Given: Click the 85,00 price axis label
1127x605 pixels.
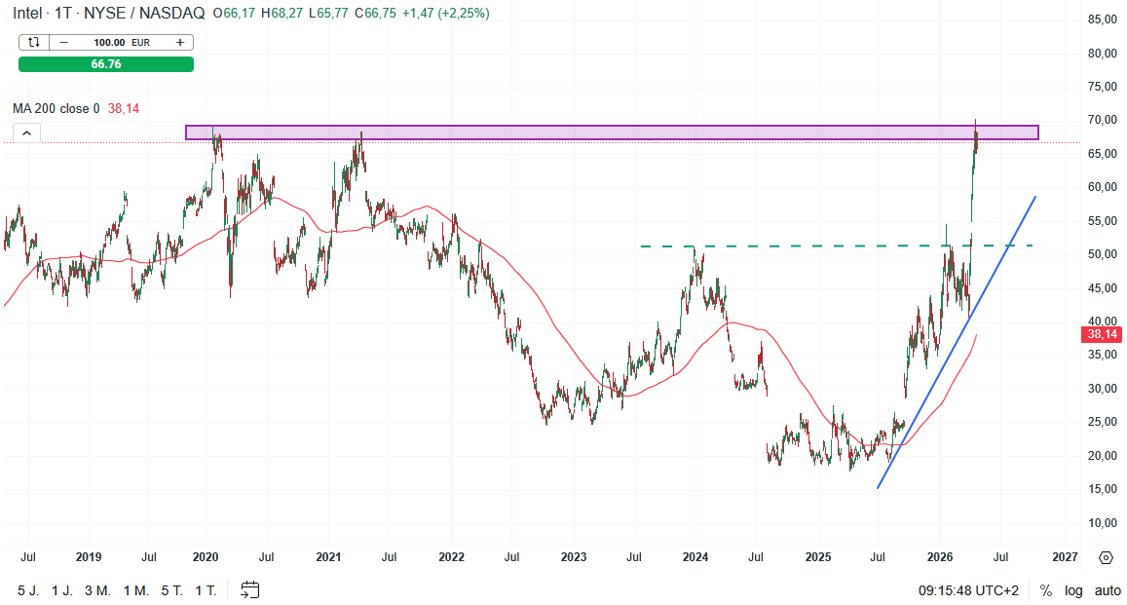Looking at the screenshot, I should [1102, 19].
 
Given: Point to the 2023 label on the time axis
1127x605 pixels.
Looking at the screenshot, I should [574, 557].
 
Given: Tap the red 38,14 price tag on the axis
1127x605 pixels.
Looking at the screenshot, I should [1102, 334].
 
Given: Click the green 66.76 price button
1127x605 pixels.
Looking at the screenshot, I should [106, 64].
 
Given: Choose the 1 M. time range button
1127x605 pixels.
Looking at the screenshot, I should [136, 590].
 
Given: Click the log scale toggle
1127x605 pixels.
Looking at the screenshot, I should [1073, 590].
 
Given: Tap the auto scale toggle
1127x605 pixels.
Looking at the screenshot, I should [1108, 590].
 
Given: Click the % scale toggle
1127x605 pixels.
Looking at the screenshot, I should [1046, 590].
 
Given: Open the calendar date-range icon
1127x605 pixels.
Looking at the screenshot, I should [250, 589].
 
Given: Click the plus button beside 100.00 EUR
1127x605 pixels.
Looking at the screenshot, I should [180, 42].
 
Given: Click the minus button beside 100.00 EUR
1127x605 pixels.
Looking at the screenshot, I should [64, 42].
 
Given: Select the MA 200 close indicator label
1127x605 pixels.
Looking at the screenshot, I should [56, 109].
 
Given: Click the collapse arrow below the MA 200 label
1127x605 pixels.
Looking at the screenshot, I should [26, 133].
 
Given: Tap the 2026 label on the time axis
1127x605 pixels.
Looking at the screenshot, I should [940, 557].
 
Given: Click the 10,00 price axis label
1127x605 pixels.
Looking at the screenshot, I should [1102, 523].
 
